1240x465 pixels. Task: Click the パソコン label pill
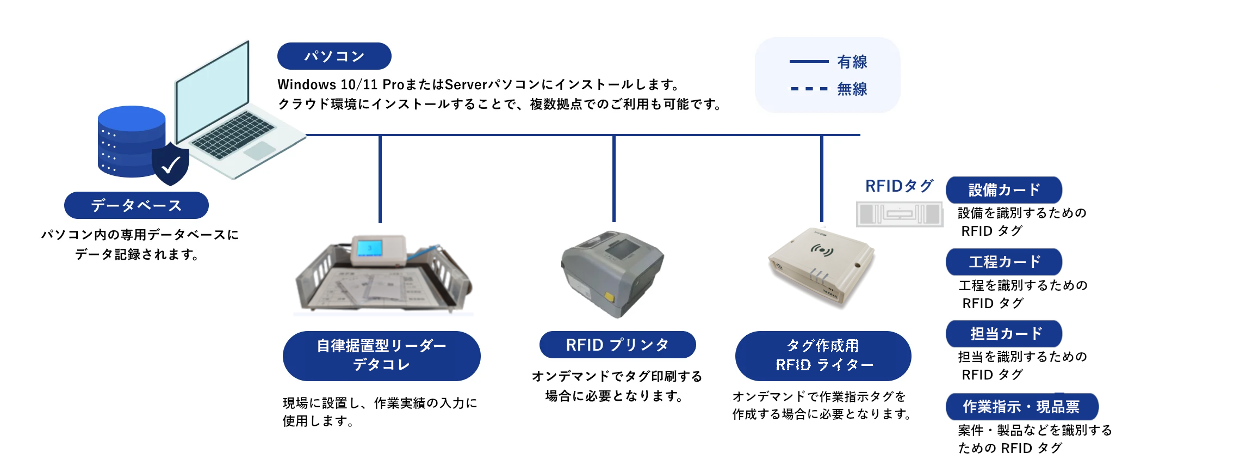click(334, 56)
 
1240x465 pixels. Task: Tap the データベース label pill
click(136, 205)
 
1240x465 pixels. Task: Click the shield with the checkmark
click(171, 163)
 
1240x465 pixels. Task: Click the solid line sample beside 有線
click(809, 62)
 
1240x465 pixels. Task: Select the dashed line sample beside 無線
click(809, 88)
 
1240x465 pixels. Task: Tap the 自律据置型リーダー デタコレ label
click(381, 356)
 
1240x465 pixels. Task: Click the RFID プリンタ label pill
click(617, 345)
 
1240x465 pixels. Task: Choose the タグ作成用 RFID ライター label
click(823, 356)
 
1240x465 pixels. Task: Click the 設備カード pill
click(1004, 189)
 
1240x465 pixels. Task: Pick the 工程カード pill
click(1004, 262)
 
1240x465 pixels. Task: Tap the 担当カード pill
click(1004, 333)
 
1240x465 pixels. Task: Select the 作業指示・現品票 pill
click(1021, 406)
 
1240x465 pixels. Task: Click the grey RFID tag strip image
click(900, 213)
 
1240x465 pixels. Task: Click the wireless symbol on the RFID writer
click(822, 250)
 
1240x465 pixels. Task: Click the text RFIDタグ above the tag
click(899, 186)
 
